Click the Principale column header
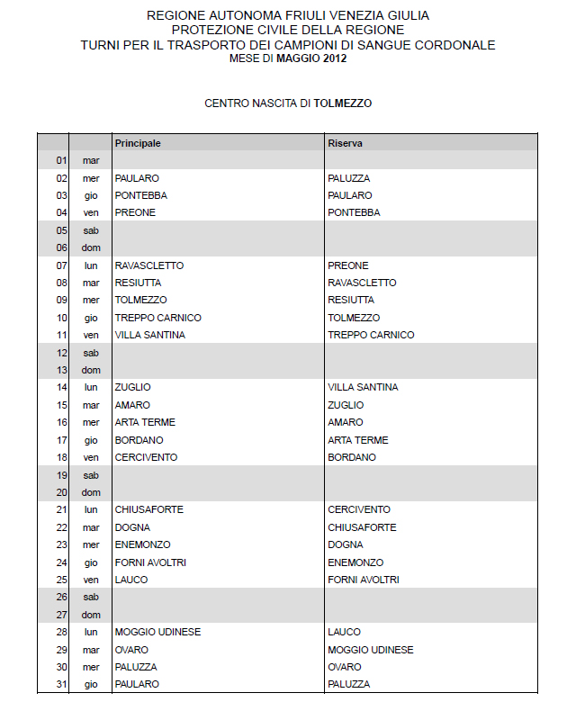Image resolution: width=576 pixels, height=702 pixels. (138, 143)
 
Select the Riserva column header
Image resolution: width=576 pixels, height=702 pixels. (346, 143)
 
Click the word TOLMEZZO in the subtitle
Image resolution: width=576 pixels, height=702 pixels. (342, 103)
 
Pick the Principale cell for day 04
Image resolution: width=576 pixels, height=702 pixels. (135, 212)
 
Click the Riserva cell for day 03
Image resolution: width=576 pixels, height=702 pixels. (350, 195)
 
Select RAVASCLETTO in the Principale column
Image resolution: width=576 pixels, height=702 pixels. (149, 265)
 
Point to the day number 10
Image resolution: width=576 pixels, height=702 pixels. (62, 318)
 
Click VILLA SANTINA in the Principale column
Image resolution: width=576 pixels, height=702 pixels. (150, 335)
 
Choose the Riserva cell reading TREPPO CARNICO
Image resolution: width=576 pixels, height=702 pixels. (371, 335)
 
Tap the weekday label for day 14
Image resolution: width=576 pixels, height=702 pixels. (91, 387)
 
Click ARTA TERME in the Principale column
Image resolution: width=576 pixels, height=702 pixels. (145, 422)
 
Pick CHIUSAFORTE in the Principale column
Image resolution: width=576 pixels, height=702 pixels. (148, 509)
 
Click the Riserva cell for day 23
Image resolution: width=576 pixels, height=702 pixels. (346, 544)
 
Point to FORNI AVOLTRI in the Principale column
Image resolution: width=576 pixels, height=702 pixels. (150, 562)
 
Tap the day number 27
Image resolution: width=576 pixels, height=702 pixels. (62, 615)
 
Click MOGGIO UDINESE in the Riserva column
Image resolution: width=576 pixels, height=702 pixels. (371, 650)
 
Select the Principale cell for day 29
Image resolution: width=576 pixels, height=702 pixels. (131, 650)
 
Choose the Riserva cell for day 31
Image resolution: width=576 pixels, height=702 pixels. (348, 685)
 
